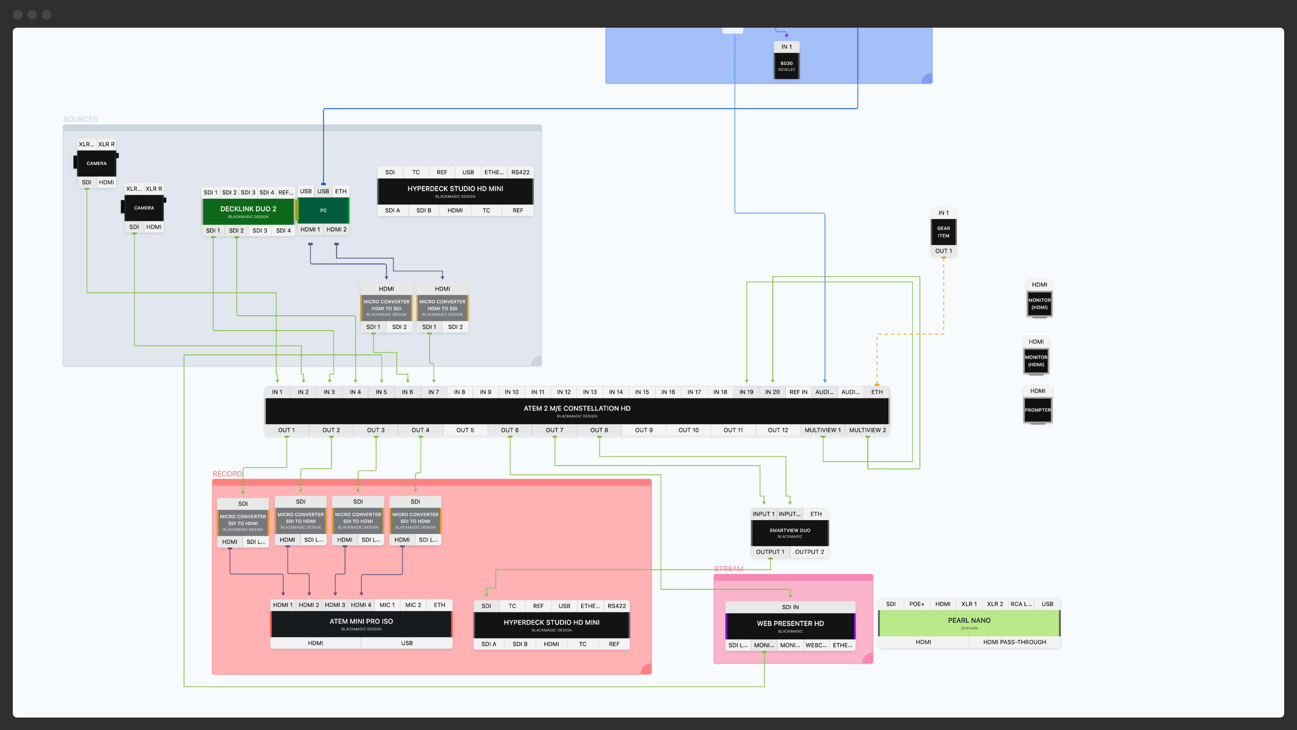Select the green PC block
pyautogui.click(x=323, y=210)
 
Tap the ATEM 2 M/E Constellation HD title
pyautogui.click(x=577, y=409)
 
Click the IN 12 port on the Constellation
pyautogui.click(x=563, y=392)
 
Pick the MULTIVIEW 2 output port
pyautogui.click(x=867, y=430)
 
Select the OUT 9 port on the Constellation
pyautogui.click(x=643, y=430)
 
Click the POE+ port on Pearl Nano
pyautogui.click(x=916, y=604)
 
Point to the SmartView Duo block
pyautogui.click(x=789, y=533)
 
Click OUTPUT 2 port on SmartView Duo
pyautogui.click(x=809, y=552)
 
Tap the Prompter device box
pyautogui.click(x=1037, y=410)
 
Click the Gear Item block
pyautogui.click(x=943, y=232)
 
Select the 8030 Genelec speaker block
pyautogui.click(x=786, y=66)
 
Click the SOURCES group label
pyautogui.click(x=80, y=119)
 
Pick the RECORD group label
pyautogui.click(x=227, y=474)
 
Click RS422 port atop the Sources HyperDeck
pyautogui.click(x=520, y=172)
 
